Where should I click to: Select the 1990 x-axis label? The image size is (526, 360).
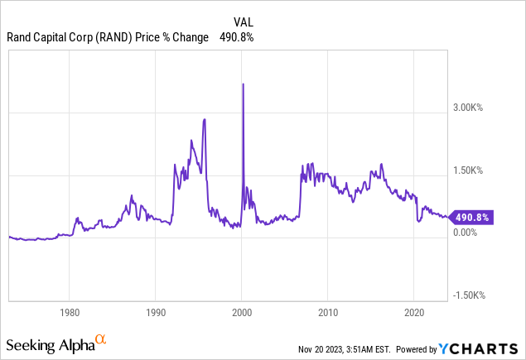155,314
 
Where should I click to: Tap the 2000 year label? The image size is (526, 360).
241,314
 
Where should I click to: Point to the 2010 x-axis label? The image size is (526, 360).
327,314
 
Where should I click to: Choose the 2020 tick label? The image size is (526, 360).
413,314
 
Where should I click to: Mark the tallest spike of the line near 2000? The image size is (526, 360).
242,84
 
